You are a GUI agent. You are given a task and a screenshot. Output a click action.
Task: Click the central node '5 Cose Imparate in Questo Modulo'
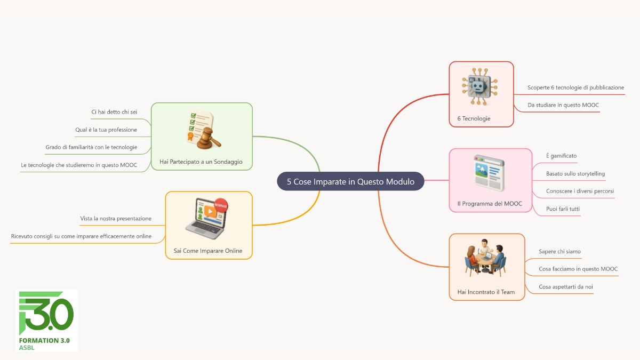tap(350, 181)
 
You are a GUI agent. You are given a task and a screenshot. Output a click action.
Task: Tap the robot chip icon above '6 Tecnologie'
tap(479, 86)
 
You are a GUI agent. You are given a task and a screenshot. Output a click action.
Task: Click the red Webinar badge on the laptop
tap(221, 205)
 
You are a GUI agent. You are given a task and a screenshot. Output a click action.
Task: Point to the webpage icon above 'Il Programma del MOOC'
tap(489, 173)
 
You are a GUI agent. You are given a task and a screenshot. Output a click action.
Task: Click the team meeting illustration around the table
tap(485, 258)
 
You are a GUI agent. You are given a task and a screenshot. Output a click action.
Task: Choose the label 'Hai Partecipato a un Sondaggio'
tap(201, 162)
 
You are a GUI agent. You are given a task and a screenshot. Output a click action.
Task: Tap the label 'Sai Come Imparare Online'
tap(208, 251)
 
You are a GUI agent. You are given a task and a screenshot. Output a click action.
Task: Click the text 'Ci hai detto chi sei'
tap(114, 111)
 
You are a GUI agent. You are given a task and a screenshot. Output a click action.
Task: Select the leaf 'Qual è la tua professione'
tap(106, 130)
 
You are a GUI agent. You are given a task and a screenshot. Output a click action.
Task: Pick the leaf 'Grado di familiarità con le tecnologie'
tap(91, 147)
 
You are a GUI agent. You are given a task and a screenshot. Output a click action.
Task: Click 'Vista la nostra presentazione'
tap(116, 218)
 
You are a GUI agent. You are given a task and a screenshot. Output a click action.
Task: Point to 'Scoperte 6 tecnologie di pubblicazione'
tap(575, 87)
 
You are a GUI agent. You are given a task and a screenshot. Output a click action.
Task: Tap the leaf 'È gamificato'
tap(562, 156)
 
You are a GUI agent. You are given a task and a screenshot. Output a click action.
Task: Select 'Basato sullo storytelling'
tap(575, 173)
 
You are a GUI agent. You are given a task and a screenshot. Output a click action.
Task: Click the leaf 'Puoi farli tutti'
tap(563, 209)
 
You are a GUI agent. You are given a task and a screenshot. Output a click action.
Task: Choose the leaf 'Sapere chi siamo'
tap(559, 251)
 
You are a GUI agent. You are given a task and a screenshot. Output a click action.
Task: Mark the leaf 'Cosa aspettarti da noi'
tap(566, 286)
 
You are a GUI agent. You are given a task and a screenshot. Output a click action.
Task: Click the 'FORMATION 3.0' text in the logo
tap(44, 340)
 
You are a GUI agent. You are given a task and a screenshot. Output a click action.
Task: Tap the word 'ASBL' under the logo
tap(27, 348)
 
